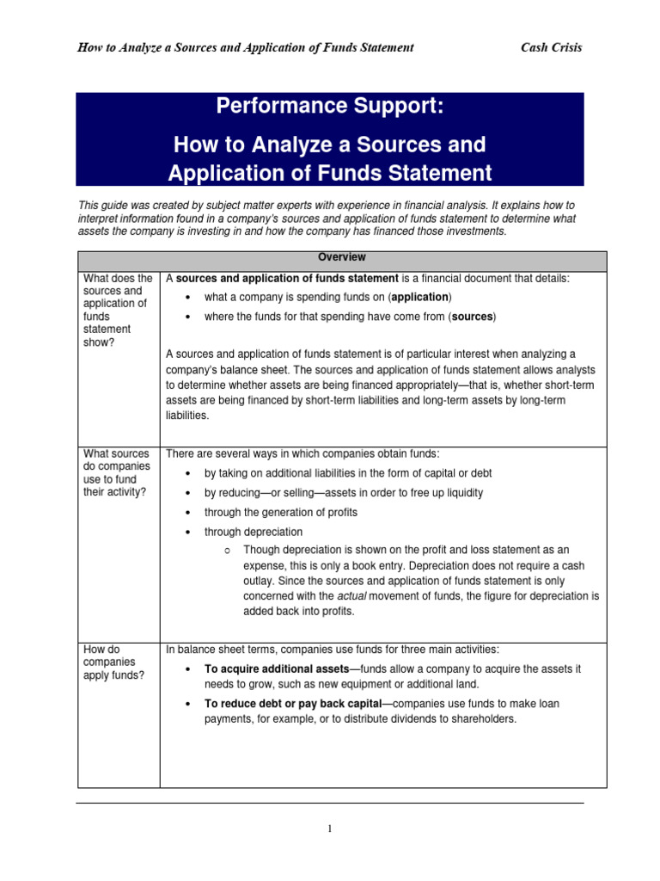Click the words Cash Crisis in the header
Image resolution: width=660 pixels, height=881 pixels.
point(551,47)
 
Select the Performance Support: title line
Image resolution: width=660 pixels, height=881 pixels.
point(330,108)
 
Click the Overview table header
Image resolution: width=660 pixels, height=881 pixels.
point(342,257)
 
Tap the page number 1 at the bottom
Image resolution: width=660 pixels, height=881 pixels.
point(329,829)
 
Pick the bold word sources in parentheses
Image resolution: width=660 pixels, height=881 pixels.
point(472,317)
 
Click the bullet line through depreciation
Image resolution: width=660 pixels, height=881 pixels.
point(253,532)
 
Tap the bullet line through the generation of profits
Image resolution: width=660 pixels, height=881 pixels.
point(280,512)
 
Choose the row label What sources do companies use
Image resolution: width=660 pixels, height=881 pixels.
point(116,472)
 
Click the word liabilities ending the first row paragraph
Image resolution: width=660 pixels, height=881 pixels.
point(186,415)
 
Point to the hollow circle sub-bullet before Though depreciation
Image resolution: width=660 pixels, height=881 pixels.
point(223,550)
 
